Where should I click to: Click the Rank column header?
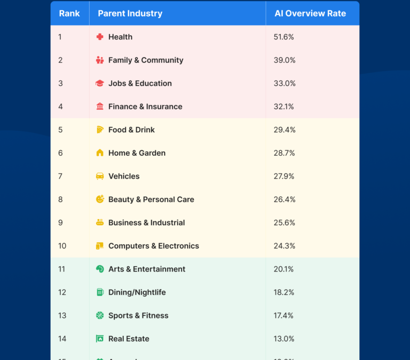pos(69,13)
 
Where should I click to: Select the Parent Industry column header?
pos(130,13)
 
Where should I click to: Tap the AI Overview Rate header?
pos(310,13)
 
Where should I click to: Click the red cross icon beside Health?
pos(100,37)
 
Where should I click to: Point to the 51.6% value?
pos(284,37)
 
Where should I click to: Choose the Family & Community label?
pos(146,60)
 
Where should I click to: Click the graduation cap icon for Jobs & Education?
pos(100,83)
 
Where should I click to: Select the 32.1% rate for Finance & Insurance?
pos(284,107)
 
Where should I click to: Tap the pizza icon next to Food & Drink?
pos(100,130)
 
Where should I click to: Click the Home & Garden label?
pos(137,153)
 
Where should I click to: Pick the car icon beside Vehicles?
pos(100,176)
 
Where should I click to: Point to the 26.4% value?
pos(285,199)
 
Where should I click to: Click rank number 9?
pos(60,223)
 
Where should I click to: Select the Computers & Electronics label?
pos(154,246)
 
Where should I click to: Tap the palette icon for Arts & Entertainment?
pos(100,269)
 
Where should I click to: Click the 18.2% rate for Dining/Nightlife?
pos(284,292)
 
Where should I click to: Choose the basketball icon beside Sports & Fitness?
pos(100,316)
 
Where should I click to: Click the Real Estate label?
pos(129,339)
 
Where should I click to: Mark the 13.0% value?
pos(284,339)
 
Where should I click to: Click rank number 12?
pos(62,292)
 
